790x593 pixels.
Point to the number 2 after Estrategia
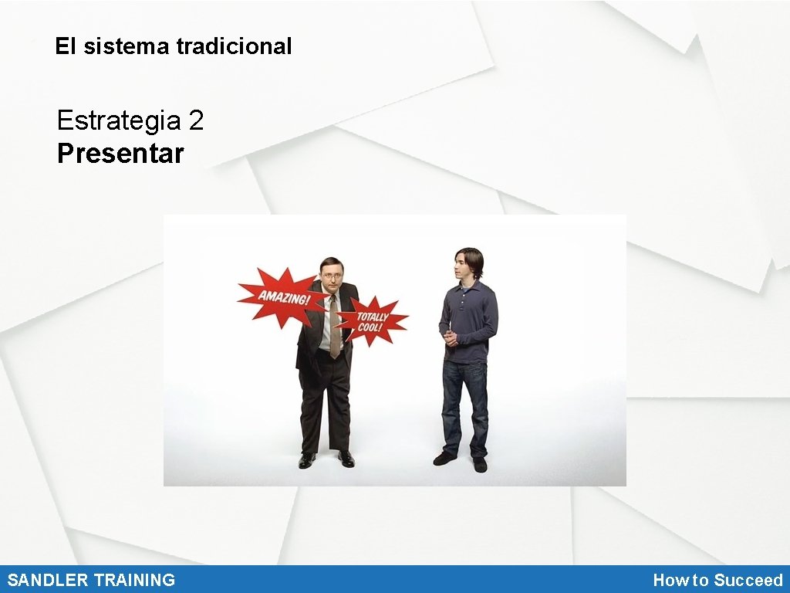point(196,120)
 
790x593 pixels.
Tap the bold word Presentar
point(120,154)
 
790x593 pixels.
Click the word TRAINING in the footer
point(134,580)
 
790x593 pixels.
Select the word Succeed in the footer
point(748,580)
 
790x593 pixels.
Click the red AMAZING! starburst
point(279,296)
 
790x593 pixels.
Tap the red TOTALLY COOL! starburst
point(373,320)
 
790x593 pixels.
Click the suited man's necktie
point(334,328)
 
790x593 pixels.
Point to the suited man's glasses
point(332,276)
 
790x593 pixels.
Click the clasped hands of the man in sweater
point(451,337)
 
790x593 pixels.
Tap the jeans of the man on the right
point(465,405)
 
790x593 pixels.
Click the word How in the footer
point(667,580)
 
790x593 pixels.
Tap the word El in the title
point(66,46)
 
